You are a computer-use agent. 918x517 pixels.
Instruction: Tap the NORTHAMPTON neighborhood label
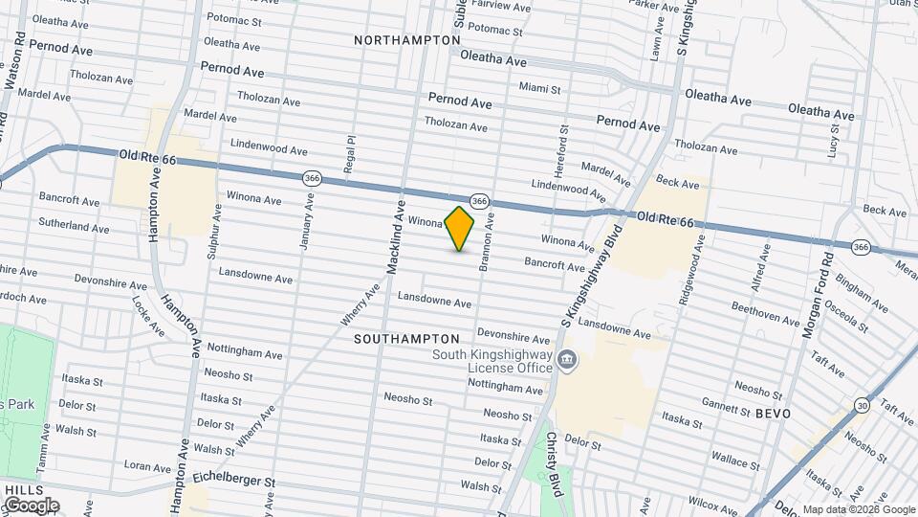click(406, 40)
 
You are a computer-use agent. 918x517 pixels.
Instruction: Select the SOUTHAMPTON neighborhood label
click(406, 339)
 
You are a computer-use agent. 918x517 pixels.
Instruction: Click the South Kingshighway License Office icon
click(567, 361)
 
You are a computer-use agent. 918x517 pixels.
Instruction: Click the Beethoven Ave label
click(758, 309)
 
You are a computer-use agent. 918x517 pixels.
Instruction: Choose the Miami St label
click(539, 88)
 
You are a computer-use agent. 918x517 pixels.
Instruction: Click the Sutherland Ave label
click(74, 227)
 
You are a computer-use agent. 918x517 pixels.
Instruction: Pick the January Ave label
click(308, 221)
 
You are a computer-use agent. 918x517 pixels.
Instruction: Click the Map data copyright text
click(857, 509)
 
